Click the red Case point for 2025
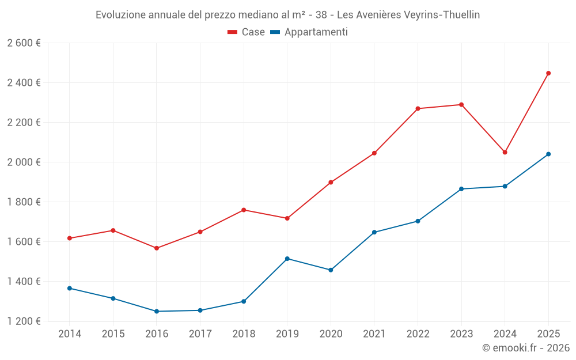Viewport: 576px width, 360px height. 548,73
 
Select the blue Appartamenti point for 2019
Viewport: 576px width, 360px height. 287,259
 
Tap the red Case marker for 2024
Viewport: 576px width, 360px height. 505,152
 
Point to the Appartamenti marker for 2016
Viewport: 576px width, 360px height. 157,312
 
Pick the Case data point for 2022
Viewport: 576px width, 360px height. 418,108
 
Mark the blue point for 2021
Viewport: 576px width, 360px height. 374,232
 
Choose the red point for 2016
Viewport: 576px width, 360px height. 157,248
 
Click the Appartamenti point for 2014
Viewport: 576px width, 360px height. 70,288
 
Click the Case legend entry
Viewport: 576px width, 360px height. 247,32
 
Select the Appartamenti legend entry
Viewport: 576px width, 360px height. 309,32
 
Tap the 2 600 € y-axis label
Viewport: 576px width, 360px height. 24,43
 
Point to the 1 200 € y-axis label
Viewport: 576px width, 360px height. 24,321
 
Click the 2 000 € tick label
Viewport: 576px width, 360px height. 24,162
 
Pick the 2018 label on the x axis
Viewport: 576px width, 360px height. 244,334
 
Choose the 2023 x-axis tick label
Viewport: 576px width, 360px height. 461,334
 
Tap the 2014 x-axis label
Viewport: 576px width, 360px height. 70,334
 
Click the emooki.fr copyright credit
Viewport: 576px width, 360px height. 526,348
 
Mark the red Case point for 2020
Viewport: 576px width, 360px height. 331,182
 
